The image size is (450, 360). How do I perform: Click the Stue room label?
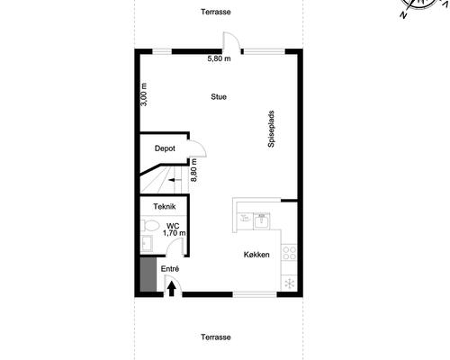pos(219,96)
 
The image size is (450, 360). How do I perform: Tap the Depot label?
pos(164,148)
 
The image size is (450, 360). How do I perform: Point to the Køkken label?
pos(256,255)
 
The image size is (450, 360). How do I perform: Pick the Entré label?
pos(170,269)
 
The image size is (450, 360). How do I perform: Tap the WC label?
pos(173,225)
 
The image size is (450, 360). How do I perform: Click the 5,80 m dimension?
pos(220,59)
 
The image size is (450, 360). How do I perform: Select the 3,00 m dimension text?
pos(144,94)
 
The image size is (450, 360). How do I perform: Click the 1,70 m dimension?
pos(174,233)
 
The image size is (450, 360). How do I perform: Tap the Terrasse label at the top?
pos(216,12)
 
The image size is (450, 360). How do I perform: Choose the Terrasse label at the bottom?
pos(216,337)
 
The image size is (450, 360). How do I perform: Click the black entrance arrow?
pos(172,289)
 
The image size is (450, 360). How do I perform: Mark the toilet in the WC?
pos(149,226)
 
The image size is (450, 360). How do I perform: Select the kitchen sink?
pos(260,217)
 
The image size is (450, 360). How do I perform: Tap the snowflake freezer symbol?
pos(289,283)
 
